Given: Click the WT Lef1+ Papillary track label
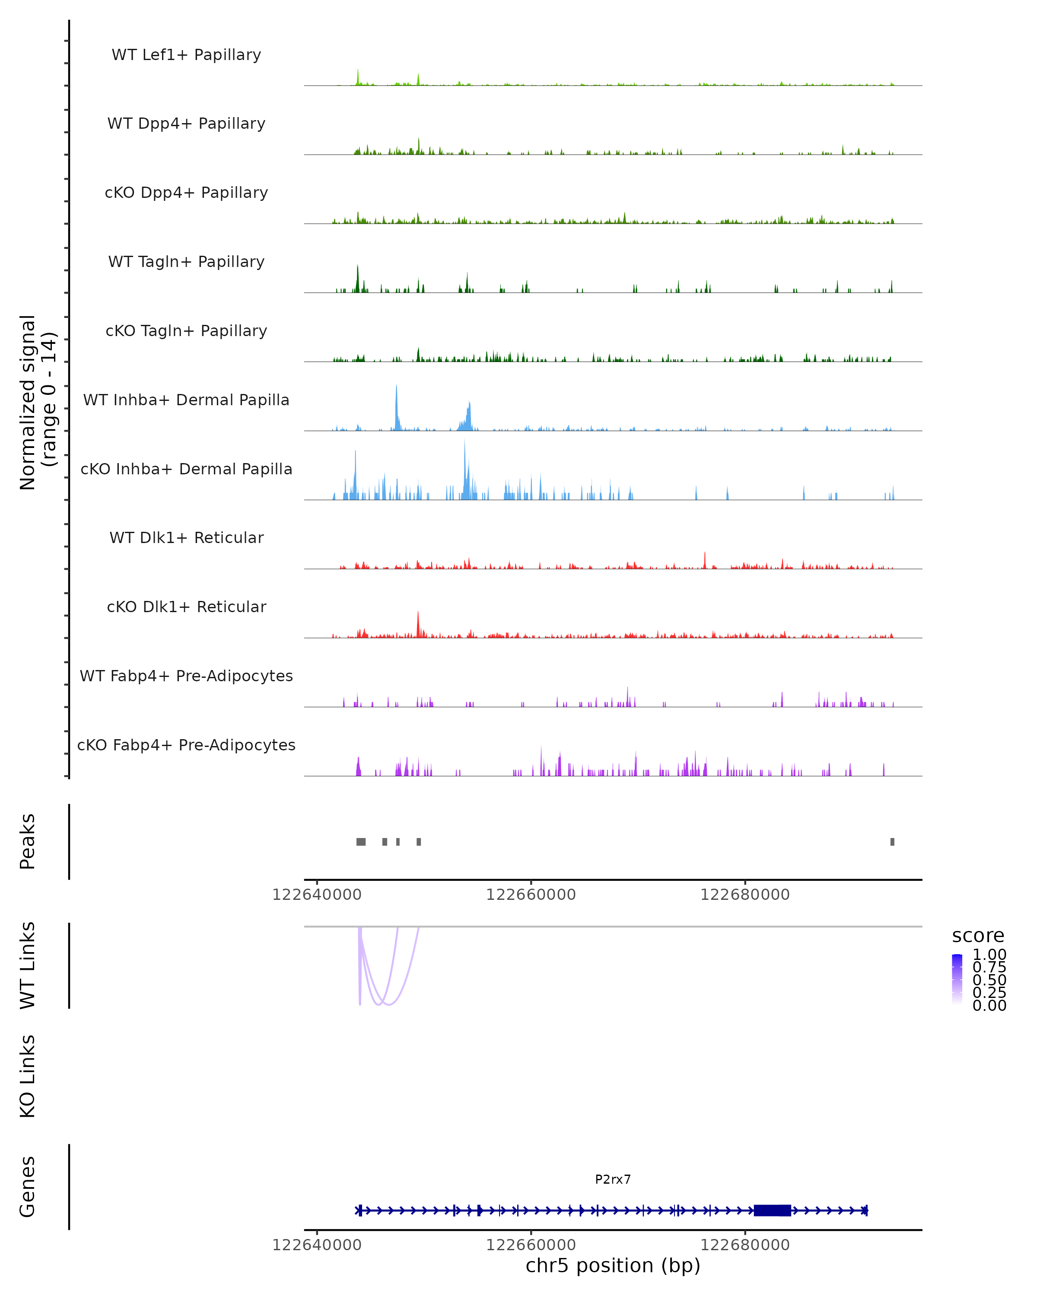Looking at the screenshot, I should [x=186, y=55].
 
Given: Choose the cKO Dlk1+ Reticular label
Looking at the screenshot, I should [x=186, y=607].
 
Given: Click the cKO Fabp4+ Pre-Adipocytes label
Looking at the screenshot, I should [x=186, y=745].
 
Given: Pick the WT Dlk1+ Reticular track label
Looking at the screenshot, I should [x=186, y=537].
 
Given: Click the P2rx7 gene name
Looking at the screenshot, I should [x=613, y=1179].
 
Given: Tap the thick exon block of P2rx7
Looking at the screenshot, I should [x=772, y=1210].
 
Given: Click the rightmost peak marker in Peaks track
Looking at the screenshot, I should [x=892, y=842].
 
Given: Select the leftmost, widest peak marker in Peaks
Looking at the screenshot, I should [x=361, y=842].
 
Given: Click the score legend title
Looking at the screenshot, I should [x=978, y=936].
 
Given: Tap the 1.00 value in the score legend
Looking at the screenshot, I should [x=989, y=955].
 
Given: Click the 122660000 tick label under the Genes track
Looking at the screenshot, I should [x=531, y=1245].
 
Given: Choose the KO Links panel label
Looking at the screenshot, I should [x=28, y=1076].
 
